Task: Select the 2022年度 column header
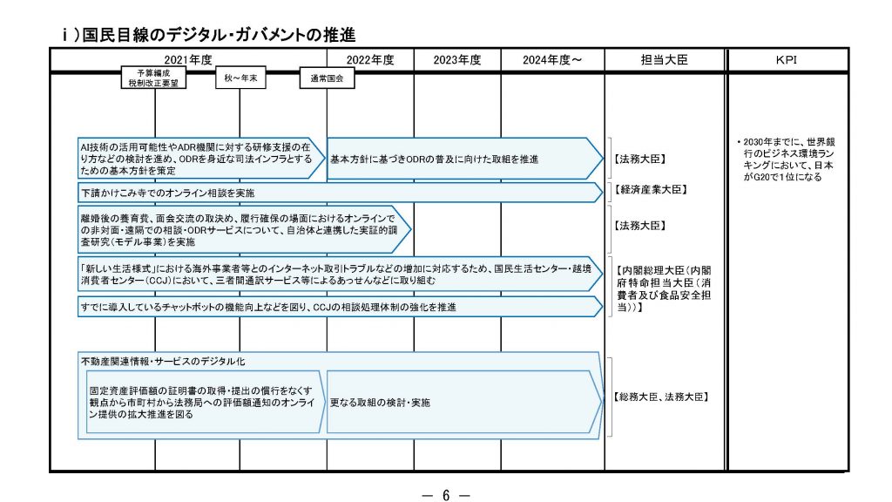click(x=370, y=59)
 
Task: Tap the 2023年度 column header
click(x=457, y=59)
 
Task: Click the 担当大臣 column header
click(x=664, y=59)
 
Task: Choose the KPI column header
click(x=787, y=59)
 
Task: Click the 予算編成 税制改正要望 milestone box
click(x=154, y=78)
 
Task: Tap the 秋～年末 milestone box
click(x=240, y=78)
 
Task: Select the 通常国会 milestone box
click(x=327, y=78)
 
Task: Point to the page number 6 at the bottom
click(x=445, y=495)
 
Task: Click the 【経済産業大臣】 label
click(x=651, y=189)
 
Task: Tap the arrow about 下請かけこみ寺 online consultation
click(x=339, y=192)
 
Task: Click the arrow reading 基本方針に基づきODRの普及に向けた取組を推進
click(x=462, y=159)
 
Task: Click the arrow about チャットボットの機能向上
click(x=339, y=307)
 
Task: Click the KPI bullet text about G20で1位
click(x=785, y=159)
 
